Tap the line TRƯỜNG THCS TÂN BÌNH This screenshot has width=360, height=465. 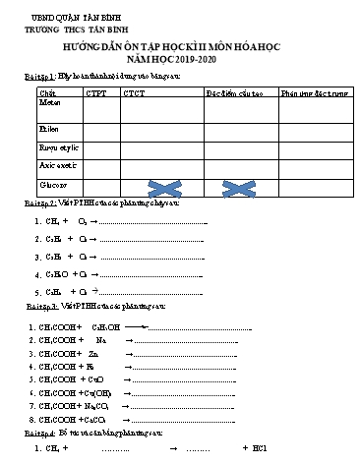[74, 31]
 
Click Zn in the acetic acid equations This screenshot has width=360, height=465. [93, 352]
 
